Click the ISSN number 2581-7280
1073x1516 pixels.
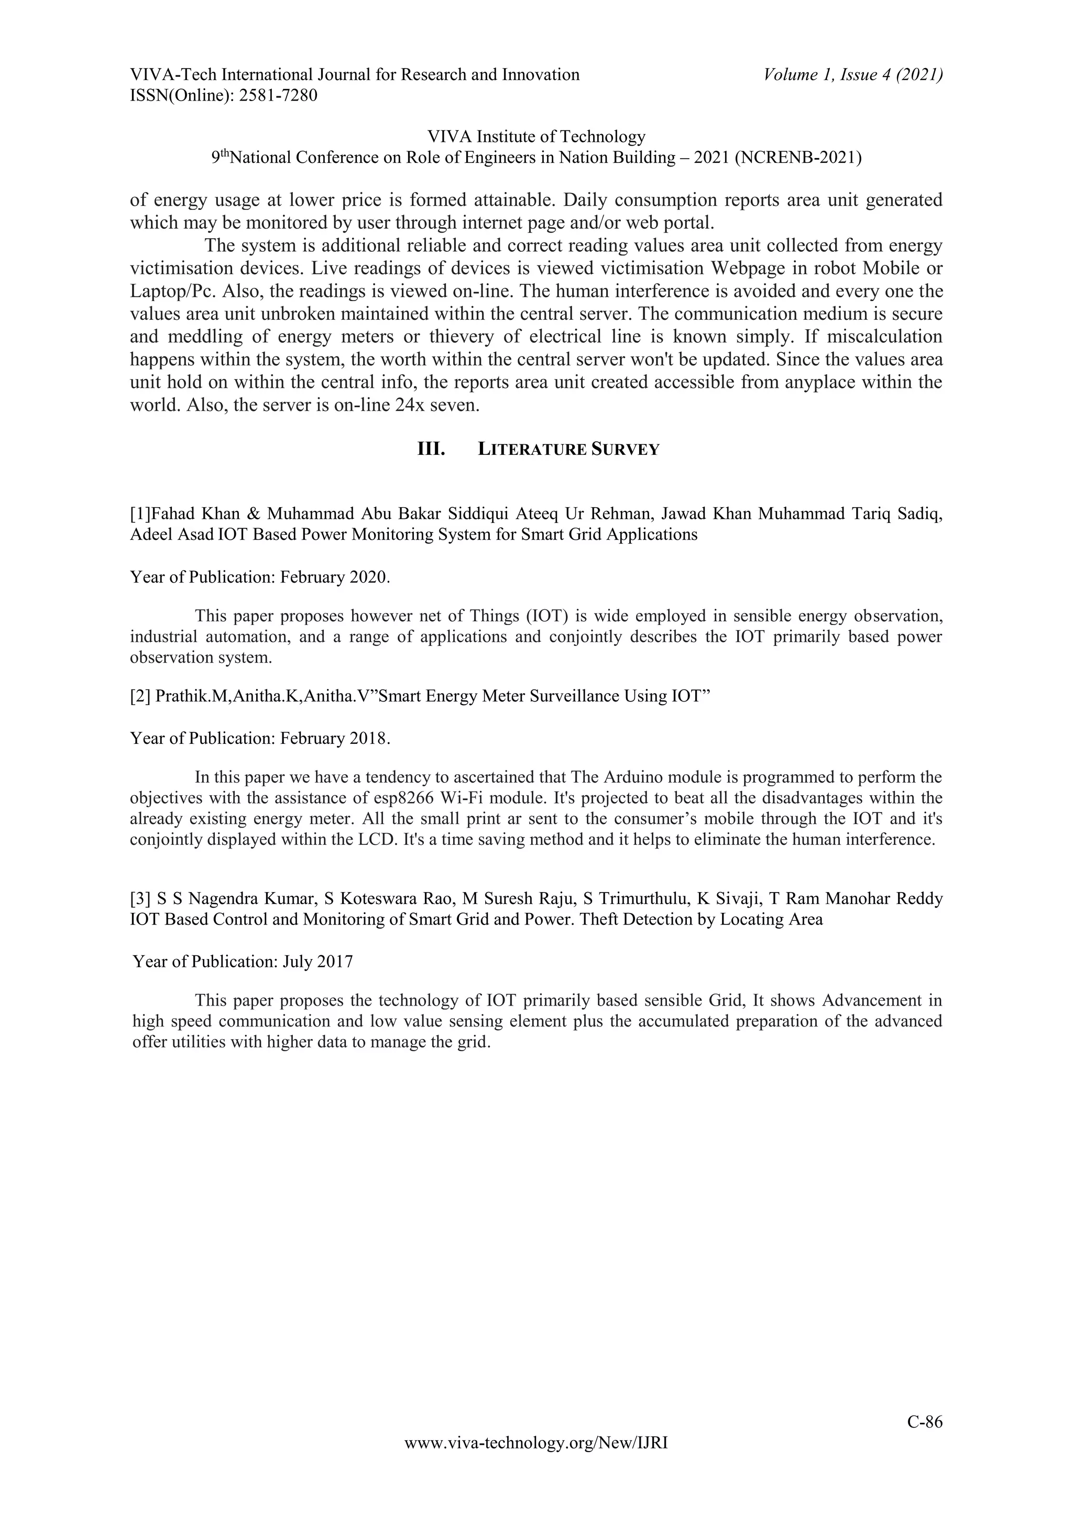(278, 96)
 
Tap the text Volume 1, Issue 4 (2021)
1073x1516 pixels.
(852, 75)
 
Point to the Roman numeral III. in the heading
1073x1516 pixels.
(431, 450)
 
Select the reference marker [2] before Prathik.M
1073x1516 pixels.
(141, 697)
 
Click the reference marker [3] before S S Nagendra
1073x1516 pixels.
(141, 899)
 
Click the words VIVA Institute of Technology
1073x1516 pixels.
(536, 137)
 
